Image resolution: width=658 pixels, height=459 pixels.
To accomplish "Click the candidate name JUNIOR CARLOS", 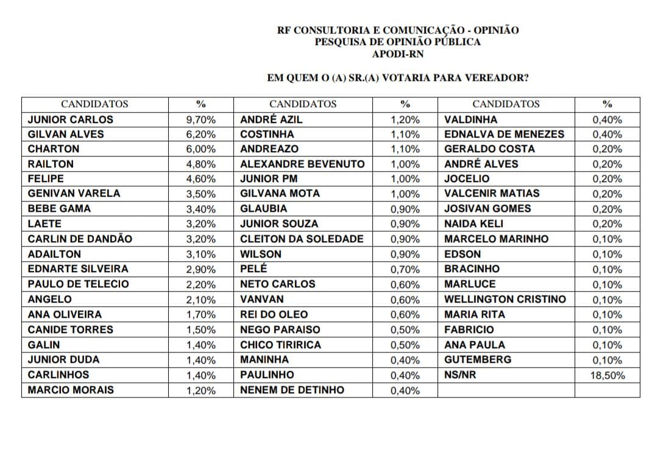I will coord(71,119).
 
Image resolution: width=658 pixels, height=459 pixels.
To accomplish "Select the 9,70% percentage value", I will coord(200,120).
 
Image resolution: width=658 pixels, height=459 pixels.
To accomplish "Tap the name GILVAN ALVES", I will coord(66,134).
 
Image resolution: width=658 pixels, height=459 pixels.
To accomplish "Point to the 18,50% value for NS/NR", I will coord(607,376).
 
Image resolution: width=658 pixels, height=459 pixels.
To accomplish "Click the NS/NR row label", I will coord(460,374).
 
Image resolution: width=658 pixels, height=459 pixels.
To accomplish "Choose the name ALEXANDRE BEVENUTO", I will coord(302,164).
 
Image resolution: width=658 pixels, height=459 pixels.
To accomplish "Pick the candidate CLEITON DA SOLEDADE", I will coord(302,239).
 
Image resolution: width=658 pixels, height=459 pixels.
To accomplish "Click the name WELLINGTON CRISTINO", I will coord(505,299).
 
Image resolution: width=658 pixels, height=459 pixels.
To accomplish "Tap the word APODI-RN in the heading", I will coord(398,54).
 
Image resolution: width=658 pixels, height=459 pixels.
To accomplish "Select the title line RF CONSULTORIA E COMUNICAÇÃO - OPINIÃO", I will coord(398,30).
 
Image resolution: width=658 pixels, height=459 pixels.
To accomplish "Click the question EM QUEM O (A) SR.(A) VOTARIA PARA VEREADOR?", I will coord(398,78).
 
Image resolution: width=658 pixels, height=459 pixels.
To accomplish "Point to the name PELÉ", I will coord(253,268).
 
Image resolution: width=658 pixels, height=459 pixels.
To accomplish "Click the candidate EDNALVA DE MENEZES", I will coord(504,134).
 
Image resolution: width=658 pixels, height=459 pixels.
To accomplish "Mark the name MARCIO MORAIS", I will coord(71,390).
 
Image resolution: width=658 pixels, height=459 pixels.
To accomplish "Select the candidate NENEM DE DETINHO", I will coord(292,390).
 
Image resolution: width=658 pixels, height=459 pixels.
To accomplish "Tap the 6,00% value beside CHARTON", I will coord(200,149).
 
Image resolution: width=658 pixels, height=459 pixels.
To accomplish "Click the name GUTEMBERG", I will coord(478,359).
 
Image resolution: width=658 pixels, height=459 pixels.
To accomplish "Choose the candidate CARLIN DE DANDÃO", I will coord(80,239).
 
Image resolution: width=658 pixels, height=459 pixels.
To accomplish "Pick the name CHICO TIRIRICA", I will coord(280,345).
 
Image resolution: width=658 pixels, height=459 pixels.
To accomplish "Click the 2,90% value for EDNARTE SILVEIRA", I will coord(200,269).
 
